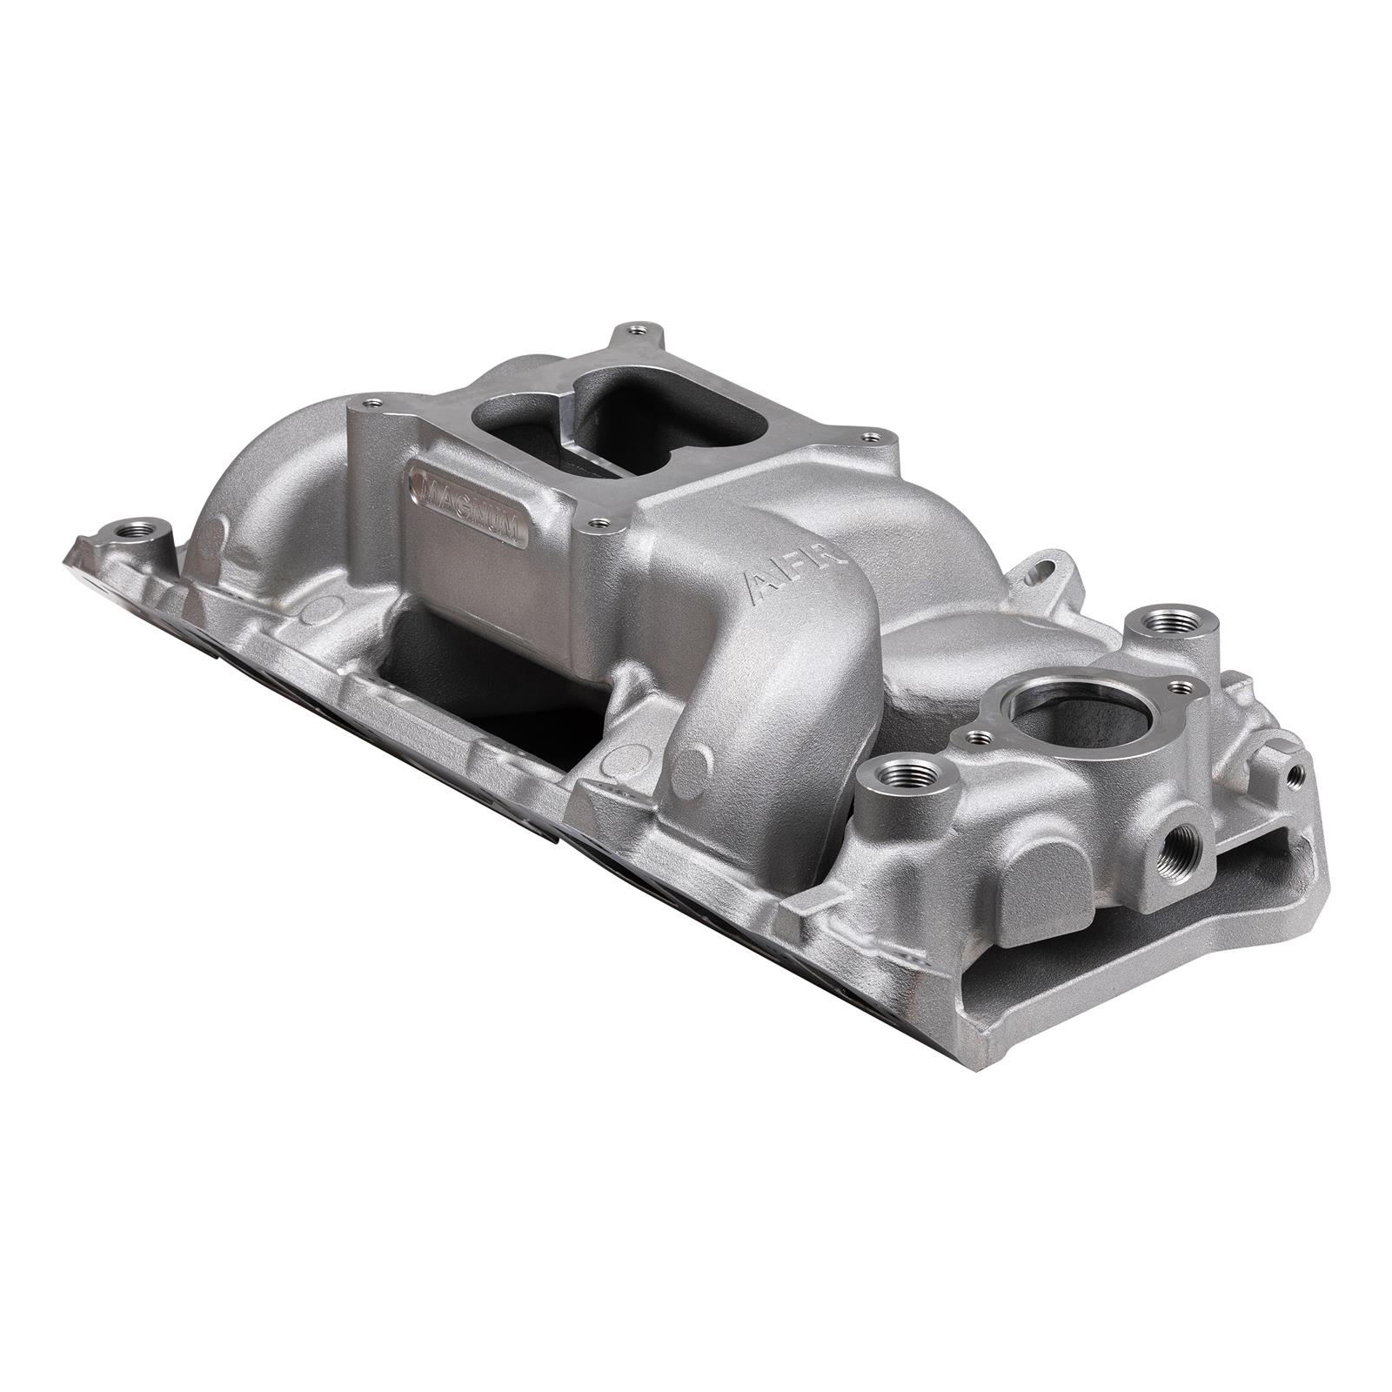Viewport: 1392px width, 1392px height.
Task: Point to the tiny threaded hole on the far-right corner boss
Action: pos(1297,771)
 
